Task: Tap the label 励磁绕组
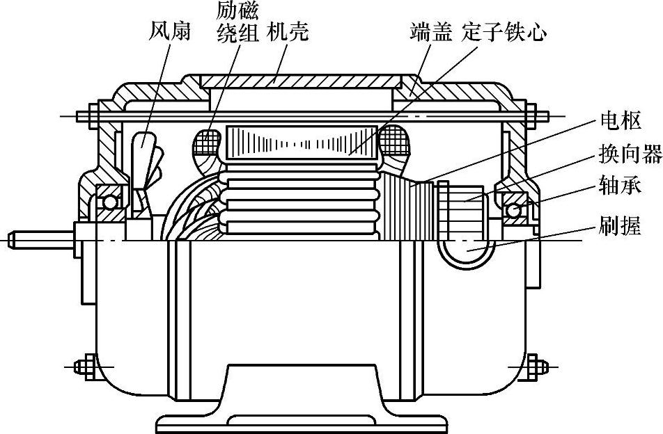pyautogui.click(x=237, y=22)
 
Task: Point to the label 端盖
pyautogui.click(x=430, y=31)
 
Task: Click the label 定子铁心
pyautogui.click(x=505, y=31)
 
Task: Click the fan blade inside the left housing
pyautogui.click(x=143, y=147)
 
